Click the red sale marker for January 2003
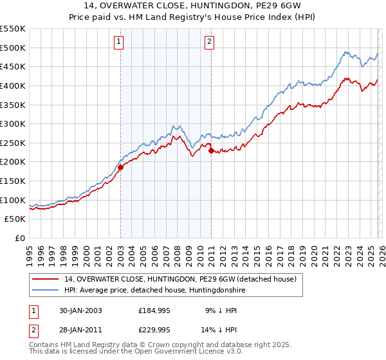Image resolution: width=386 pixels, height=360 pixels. coord(120,167)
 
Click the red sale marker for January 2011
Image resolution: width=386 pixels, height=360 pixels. coord(211,150)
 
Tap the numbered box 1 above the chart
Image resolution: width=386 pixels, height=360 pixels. coord(120,42)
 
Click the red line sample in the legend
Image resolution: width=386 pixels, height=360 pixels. coord(46,279)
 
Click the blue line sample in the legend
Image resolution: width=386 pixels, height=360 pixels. coord(46,291)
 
